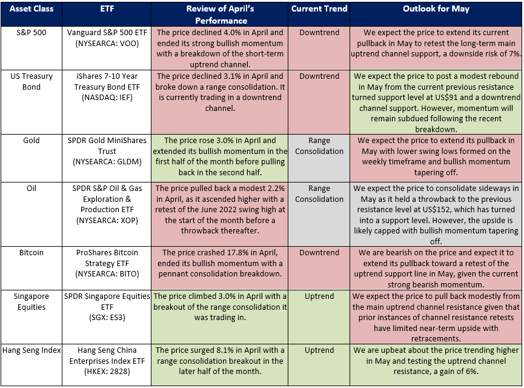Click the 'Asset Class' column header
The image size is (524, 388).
coord(32,9)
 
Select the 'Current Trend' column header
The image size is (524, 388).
coord(319,9)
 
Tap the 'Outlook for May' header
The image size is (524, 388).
coord(436,9)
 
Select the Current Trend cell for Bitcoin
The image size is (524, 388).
coord(319,252)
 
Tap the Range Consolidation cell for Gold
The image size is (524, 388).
coord(319,146)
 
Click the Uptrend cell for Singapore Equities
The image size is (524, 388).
coord(319,296)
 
